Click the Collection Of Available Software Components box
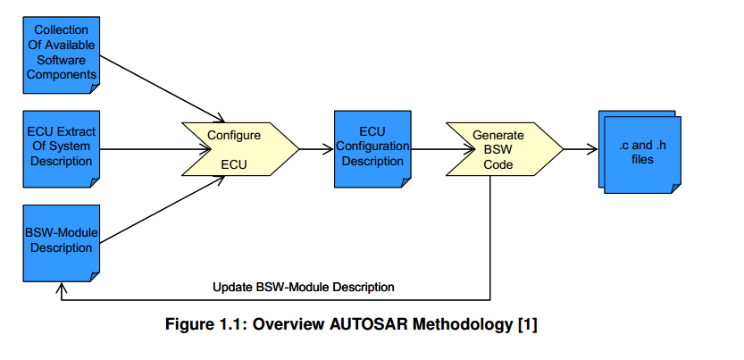61,54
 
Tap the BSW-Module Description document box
61,240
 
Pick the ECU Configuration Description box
372,148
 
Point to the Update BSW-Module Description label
304,287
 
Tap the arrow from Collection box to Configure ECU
161,88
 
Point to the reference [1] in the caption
527,326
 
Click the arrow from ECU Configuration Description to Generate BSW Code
429,148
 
